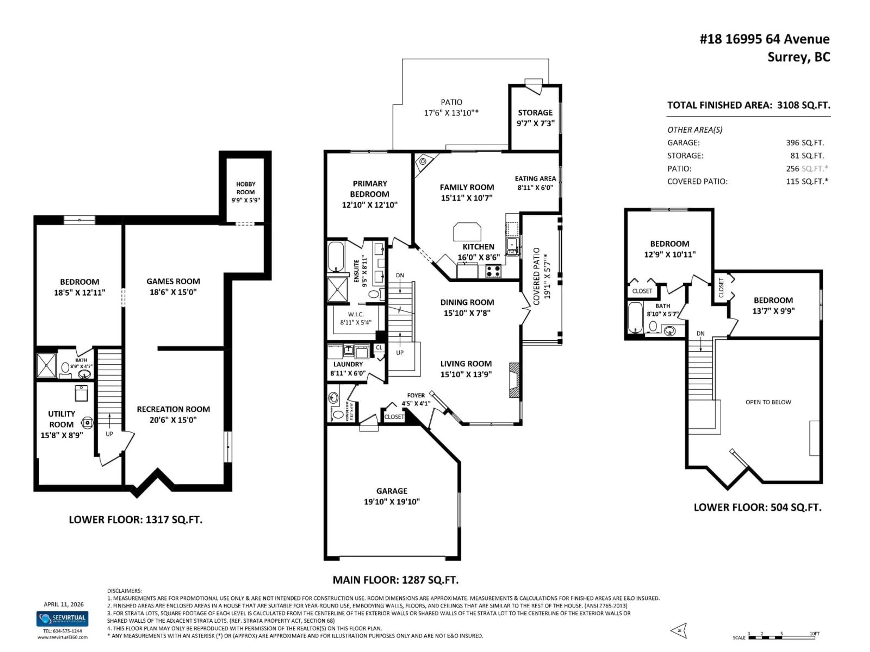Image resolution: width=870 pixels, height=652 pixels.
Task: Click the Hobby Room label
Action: [x=245, y=188]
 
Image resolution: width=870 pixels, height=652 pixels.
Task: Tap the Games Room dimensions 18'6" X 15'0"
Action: [x=173, y=292]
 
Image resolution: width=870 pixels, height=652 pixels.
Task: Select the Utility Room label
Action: [x=61, y=419]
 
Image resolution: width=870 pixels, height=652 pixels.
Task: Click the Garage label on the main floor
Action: [x=392, y=491]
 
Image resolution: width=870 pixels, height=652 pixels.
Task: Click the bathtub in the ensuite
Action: [x=336, y=256]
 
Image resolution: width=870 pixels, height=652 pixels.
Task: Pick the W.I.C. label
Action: [x=355, y=314]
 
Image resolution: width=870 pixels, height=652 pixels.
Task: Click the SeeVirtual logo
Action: [x=63, y=619]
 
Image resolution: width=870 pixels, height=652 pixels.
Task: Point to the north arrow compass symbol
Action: [x=679, y=630]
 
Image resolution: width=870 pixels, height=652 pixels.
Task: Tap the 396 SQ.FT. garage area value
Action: [x=805, y=143]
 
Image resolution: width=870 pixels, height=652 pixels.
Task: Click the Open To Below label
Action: [x=768, y=402]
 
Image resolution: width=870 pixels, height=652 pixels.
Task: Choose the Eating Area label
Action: [x=535, y=179]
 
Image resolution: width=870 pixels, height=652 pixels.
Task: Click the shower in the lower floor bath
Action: [x=46, y=365]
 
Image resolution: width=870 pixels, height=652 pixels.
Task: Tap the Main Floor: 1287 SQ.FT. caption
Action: [x=395, y=580]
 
